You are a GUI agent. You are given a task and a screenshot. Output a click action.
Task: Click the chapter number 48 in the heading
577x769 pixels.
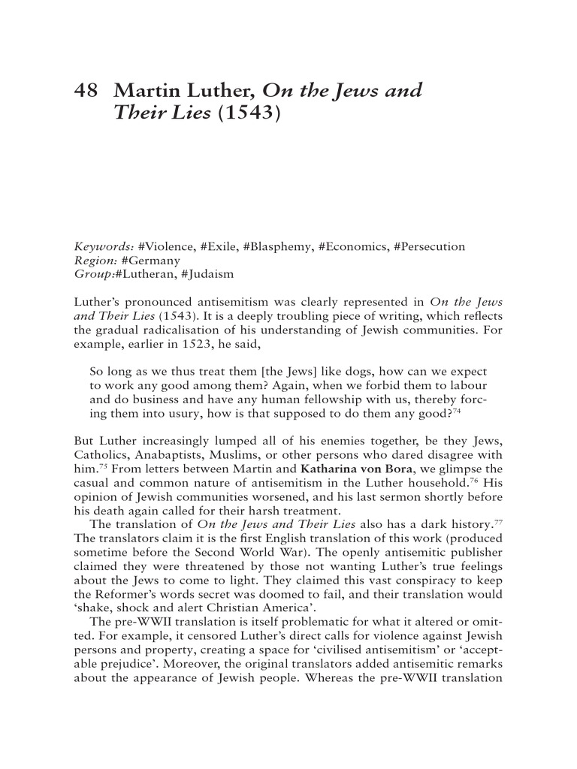(x=87, y=92)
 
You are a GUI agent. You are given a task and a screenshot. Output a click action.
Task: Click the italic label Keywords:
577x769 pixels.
(x=104, y=246)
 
